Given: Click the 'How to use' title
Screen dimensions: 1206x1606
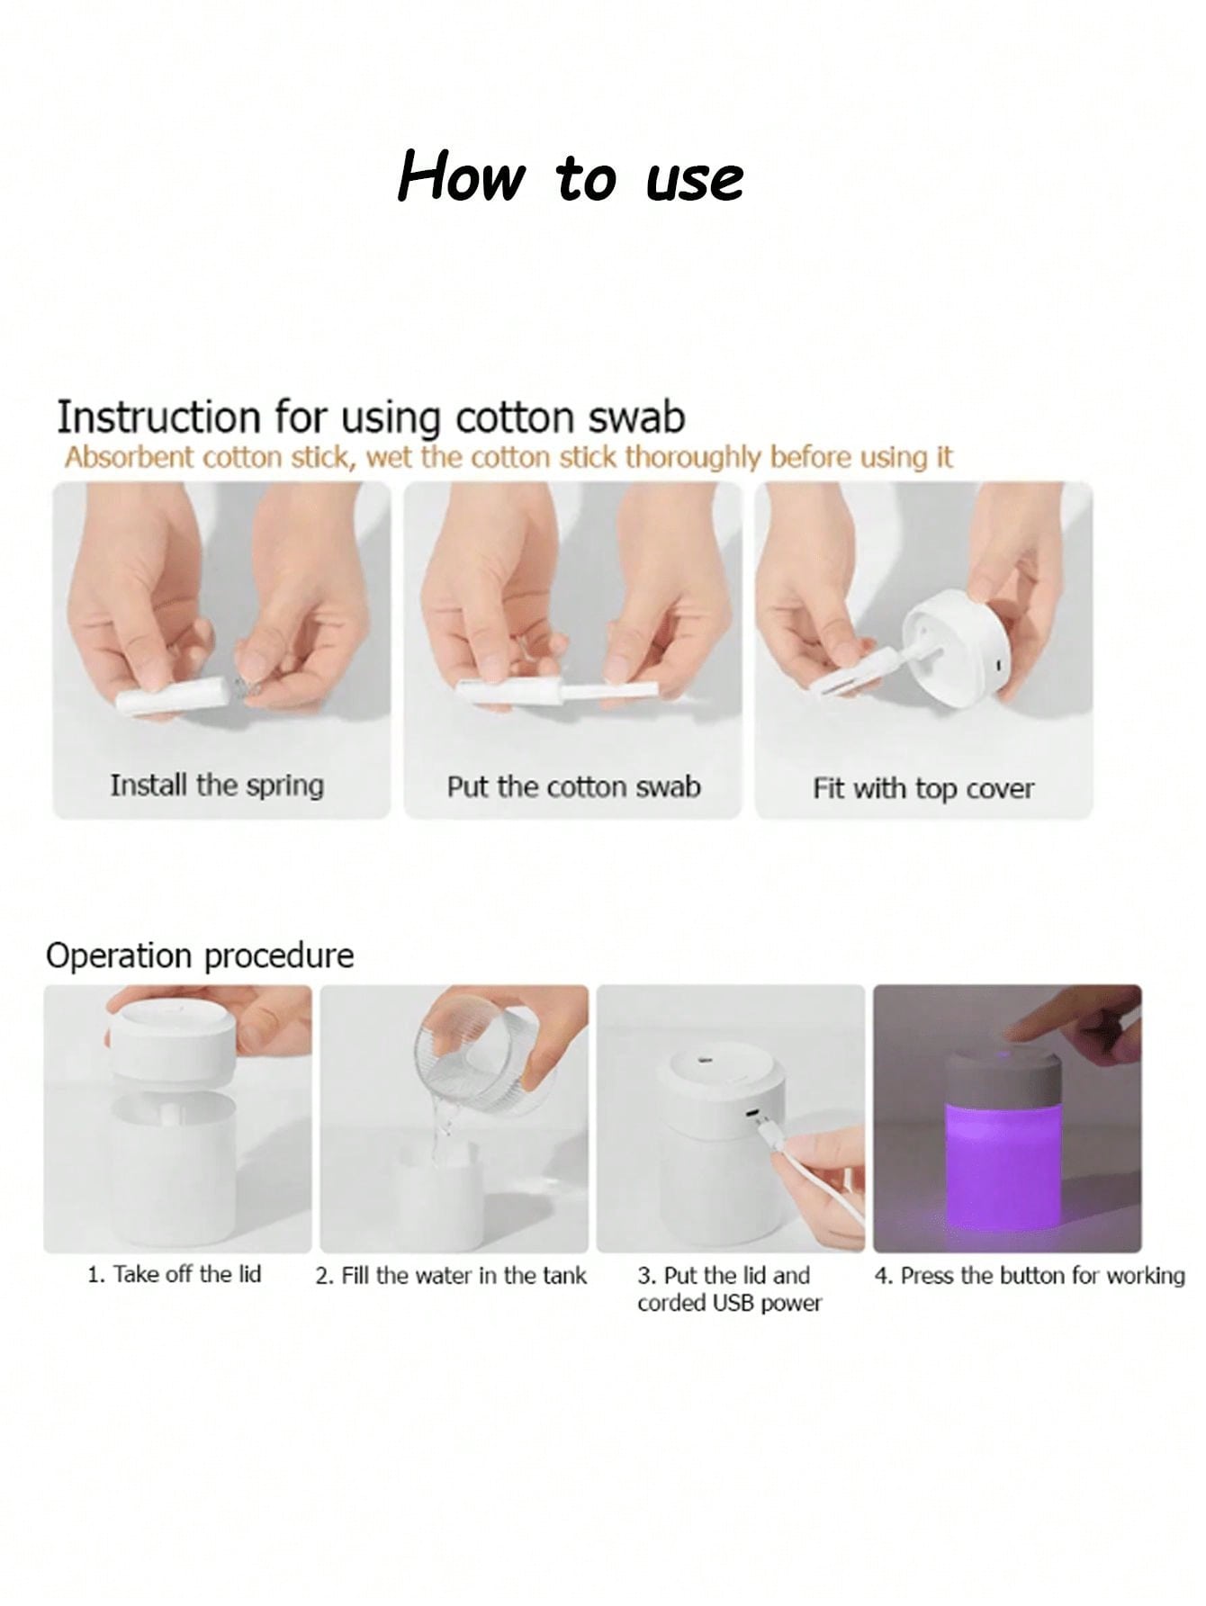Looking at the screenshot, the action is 571,176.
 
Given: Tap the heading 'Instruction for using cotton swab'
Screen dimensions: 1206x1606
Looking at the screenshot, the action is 371,418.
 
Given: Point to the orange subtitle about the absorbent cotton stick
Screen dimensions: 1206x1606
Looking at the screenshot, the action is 508,458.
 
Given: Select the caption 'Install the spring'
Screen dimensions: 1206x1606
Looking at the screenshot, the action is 217,785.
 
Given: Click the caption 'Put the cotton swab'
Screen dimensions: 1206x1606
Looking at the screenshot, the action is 573,786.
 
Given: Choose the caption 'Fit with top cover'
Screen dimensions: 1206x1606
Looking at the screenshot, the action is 923,789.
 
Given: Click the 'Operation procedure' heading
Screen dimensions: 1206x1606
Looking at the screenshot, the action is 200,956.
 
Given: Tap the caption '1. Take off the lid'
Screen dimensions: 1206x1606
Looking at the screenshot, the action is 175,1274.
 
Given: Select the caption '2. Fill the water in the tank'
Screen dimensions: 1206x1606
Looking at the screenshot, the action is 451,1275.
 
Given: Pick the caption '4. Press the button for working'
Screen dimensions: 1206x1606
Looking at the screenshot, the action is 1030,1275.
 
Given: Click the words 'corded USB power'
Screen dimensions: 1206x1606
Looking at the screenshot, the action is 730,1303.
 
